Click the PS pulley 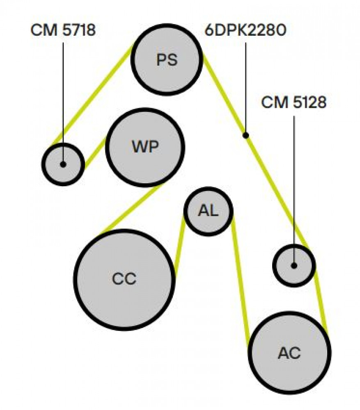pyautogui.click(x=167, y=59)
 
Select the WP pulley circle pyautogui.click(x=145, y=148)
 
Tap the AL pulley pyautogui.click(x=209, y=211)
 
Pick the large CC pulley pyautogui.click(x=125, y=280)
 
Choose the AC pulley pyautogui.click(x=289, y=353)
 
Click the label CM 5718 pyautogui.click(x=63, y=30)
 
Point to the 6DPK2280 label pyautogui.click(x=245, y=30)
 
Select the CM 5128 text pyautogui.click(x=294, y=102)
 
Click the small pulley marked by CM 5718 pyautogui.click(x=63, y=164)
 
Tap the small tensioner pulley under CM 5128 pyautogui.click(x=294, y=266)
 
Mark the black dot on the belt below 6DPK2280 pyautogui.click(x=245, y=135)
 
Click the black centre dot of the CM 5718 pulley pyautogui.click(x=63, y=164)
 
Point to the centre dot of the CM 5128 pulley pyautogui.click(x=294, y=266)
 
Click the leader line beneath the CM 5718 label pyautogui.click(x=63, y=102)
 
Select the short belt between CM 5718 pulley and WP pyautogui.click(x=95, y=153)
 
